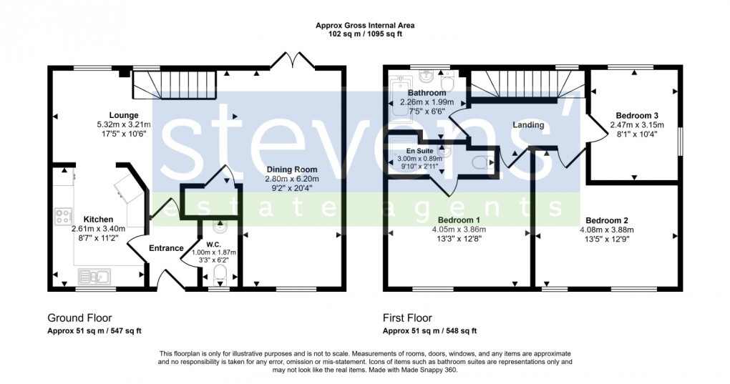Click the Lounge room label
(124, 115)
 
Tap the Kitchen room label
(98, 219)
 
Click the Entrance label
(166, 248)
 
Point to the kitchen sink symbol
(94, 275)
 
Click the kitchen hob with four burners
(62, 215)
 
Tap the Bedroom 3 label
(637, 115)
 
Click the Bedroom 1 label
(458, 220)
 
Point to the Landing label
(528, 125)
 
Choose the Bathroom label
(427, 93)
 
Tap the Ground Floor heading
(79, 318)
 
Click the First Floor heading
(407, 318)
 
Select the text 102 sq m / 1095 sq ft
(365, 34)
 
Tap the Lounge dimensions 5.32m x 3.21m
(125, 124)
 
